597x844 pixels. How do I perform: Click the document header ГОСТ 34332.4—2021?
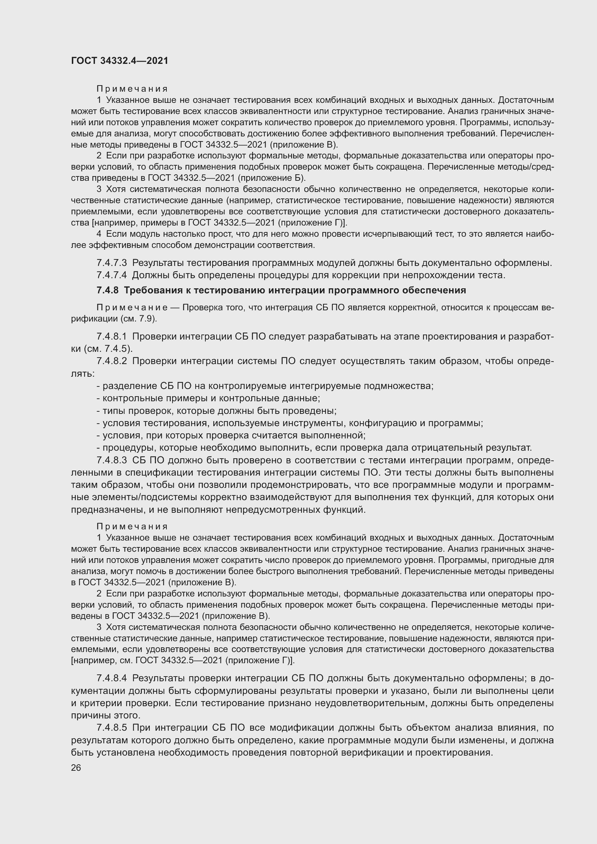(x=119, y=61)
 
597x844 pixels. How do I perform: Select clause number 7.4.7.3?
(x=112, y=263)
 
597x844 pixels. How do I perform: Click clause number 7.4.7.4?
(x=112, y=275)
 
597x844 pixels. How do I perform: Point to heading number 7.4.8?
(x=108, y=290)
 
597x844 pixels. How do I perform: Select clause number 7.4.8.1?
(x=112, y=336)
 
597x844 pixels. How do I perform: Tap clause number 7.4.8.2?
(x=112, y=361)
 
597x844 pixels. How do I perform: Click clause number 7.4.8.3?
(x=112, y=460)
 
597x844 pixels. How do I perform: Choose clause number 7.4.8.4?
(x=112, y=678)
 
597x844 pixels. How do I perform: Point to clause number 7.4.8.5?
(x=112, y=727)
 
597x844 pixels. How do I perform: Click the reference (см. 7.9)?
(x=138, y=319)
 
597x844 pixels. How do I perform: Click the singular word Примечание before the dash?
(x=132, y=307)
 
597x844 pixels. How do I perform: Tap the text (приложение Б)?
(x=272, y=178)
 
